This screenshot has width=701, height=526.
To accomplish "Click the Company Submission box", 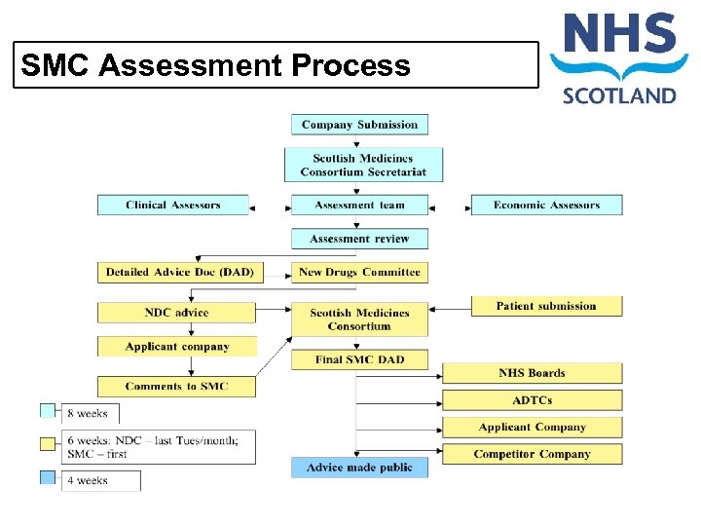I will pos(359,125).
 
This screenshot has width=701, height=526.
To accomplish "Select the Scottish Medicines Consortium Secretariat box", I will pos(363,166).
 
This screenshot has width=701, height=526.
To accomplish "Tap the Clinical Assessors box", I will pos(173,206).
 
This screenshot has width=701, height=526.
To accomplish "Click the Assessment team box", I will pos(359,206).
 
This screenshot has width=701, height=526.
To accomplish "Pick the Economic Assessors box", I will pos(546,206).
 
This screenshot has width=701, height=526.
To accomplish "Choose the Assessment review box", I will pos(359,239).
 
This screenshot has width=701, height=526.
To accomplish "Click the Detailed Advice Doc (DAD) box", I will pos(179,273).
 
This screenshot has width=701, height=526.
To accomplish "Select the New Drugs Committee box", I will pos(359,273).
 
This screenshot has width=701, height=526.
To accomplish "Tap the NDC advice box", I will pos(176,313).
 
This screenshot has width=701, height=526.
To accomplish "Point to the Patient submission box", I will pos(546,306).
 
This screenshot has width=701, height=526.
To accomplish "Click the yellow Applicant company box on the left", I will pos(177,347).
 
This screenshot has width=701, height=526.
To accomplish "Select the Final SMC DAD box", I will pos(359,359).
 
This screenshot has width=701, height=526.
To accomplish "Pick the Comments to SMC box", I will pos(176,387).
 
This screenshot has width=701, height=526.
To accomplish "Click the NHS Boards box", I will pos(532,373).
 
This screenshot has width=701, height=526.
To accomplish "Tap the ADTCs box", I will pos(532,400).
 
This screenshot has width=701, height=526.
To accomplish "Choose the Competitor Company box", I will pos(532,454).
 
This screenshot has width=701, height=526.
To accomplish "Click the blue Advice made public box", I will pos(359,468).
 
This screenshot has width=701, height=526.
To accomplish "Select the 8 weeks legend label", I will pos(91,414).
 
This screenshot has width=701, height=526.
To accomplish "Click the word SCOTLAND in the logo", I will pos(618,95).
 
